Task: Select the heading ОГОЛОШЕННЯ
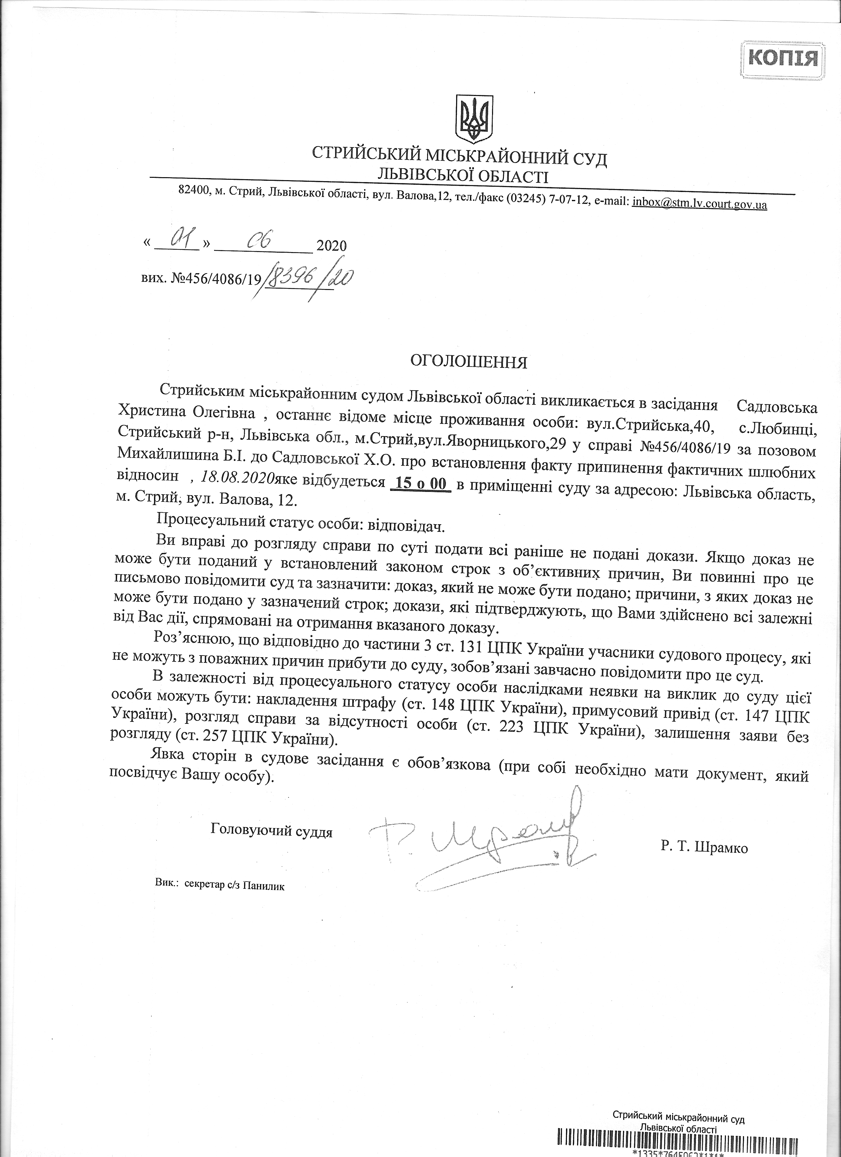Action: pos(469,362)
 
